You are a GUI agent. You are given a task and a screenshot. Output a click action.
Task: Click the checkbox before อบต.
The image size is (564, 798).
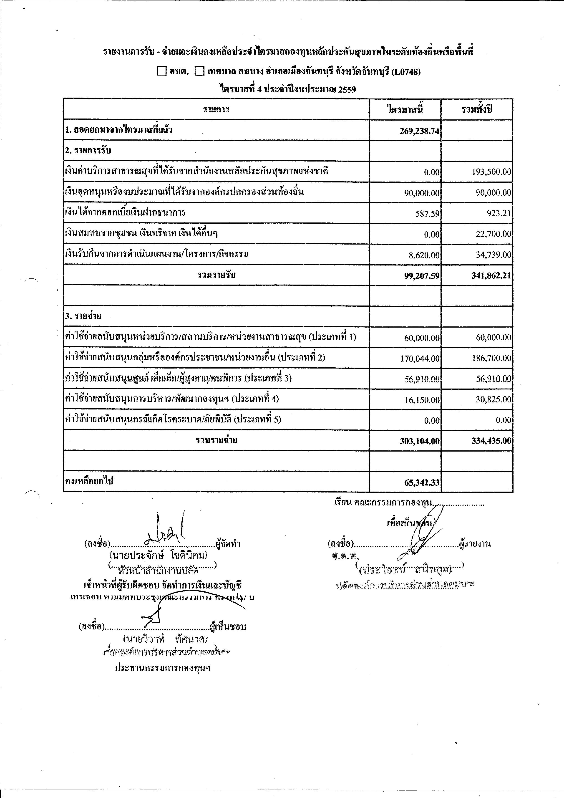(162, 72)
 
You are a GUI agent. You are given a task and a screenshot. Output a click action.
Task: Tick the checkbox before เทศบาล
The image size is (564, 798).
(199, 72)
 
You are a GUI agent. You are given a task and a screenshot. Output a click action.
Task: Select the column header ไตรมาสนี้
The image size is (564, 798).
(405, 110)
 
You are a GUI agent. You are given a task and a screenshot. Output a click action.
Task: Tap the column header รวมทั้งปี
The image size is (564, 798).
(477, 110)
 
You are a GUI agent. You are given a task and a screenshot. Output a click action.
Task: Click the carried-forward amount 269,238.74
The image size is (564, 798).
(419, 131)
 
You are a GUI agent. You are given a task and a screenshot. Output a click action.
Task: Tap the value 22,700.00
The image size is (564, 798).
(493, 234)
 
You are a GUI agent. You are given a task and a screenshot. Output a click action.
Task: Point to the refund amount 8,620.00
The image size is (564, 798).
(424, 255)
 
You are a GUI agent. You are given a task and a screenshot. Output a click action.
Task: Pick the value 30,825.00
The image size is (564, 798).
(493, 400)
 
